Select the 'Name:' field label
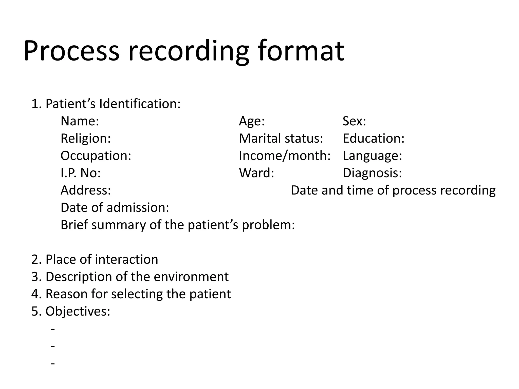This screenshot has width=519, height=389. pos(80,121)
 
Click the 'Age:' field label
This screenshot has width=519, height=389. pos(252,121)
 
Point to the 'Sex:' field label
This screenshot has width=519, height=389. pos(354,121)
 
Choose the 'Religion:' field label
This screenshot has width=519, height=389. pos(86,139)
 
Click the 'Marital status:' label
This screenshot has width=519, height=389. pos(281,139)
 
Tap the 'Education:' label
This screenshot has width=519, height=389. pos(373,139)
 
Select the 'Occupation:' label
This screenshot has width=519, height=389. pos(96,156)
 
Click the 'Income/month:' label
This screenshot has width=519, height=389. pos(285,156)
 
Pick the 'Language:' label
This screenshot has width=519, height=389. pos(372,156)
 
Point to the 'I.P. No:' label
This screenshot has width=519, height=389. pos(81,173)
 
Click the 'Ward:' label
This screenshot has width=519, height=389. pos(256,173)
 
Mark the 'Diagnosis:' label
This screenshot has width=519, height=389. pos(372,173)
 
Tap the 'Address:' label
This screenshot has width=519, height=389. pos(86,190)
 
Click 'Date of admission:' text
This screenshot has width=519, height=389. pos(115,207)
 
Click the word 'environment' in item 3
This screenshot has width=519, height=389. pos(191,277)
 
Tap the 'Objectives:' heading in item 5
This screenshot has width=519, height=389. pos(78,311)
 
